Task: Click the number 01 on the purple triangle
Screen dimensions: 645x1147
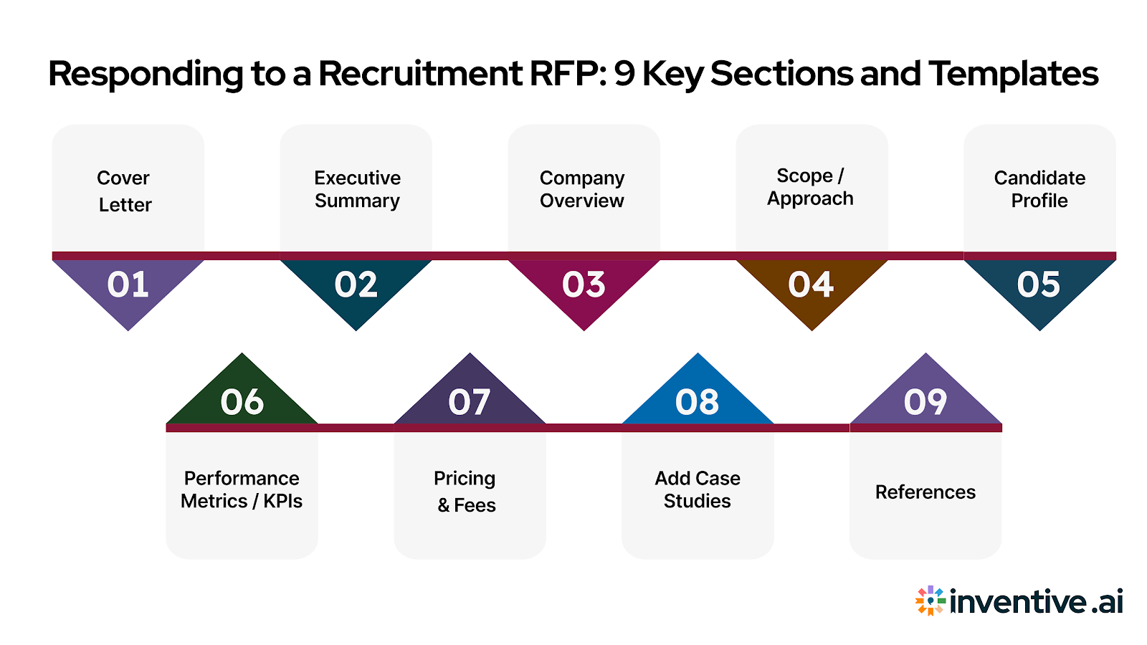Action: click(128, 285)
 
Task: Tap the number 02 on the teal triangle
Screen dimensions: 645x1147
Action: click(356, 285)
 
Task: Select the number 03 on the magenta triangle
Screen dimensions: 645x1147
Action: click(584, 285)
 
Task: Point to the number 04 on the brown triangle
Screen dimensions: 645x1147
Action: click(811, 285)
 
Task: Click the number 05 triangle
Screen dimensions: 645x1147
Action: click(1039, 285)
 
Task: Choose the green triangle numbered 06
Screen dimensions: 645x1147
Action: click(242, 401)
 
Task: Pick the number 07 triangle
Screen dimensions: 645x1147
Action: click(470, 401)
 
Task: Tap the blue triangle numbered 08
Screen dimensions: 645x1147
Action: click(698, 401)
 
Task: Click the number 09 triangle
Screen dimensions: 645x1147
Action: click(925, 401)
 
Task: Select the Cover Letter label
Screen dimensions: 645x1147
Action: click(125, 191)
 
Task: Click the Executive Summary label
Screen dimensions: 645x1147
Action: click(357, 189)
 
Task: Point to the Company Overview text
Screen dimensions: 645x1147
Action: click(582, 189)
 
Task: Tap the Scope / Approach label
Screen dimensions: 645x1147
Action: click(810, 187)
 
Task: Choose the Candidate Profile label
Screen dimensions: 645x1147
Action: click(1039, 189)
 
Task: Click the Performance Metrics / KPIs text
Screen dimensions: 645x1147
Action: click(242, 489)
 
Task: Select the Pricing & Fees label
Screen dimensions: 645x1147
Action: click(466, 492)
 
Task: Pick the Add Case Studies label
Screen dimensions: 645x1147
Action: click(698, 489)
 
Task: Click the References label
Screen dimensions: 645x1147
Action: click(925, 492)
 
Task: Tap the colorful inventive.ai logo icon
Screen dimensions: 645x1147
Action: click(930, 601)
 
